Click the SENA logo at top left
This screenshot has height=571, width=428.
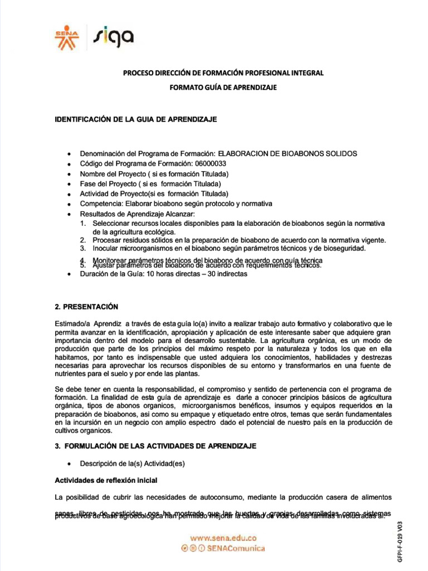pos(66,36)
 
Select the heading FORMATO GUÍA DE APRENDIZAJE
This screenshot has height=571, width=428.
pos(223,88)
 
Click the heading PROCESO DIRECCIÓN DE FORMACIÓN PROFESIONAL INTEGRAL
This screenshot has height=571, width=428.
pos(223,73)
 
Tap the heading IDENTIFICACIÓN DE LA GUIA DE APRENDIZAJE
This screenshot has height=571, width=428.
pos(135,119)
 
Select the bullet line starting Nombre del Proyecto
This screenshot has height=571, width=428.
pos(154,174)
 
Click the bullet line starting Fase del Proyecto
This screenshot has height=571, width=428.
pos(150,184)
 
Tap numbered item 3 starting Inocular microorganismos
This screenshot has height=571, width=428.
pos(228,248)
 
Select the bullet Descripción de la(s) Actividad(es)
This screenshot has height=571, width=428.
pos(132,463)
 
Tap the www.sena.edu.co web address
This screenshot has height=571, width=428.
pos(223,538)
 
